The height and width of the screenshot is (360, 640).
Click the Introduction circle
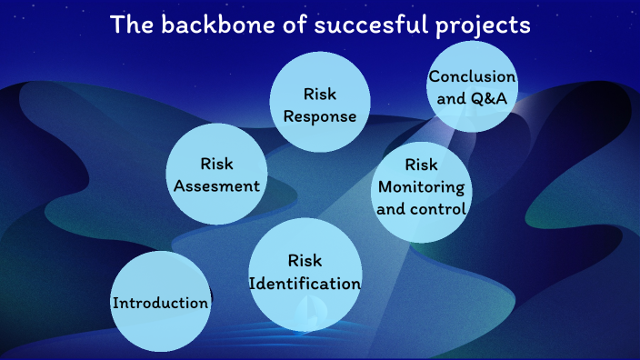click(160, 302)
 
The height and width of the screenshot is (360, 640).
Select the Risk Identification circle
click(305, 273)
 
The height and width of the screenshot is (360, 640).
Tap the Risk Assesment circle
click(216, 175)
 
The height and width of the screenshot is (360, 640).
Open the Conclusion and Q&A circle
click(472, 87)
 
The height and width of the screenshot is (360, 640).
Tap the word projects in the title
click(487, 25)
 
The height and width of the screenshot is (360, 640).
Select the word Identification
click(305, 284)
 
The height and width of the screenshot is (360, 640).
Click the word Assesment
click(216, 185)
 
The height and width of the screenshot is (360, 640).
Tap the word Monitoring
click(421, 187)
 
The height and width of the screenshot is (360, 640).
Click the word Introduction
click(160, 303)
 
